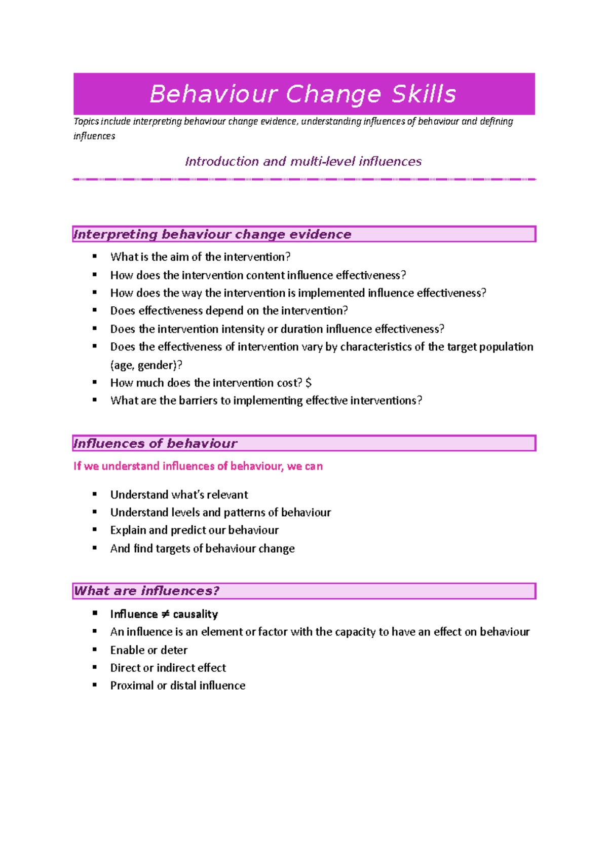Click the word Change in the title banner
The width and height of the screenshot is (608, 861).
coord(333,94)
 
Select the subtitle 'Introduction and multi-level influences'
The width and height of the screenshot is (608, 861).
coord(303,161)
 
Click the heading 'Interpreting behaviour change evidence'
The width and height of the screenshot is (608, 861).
coord(212,234)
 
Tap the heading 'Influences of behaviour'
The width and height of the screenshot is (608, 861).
coord(155,444)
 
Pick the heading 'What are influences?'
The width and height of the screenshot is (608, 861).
coord(146,591)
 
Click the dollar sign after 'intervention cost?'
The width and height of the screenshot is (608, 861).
coord(309,383)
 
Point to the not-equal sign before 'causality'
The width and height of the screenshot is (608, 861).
coord(165,614)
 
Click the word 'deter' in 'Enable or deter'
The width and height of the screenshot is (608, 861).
coord(174,650)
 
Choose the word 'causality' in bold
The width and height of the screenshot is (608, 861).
coord(196,614)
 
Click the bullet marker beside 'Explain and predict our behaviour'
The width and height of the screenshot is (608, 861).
coord(95,530)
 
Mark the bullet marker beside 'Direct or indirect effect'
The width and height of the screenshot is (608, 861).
coord(95,667)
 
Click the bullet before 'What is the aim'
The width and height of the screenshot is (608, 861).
coord(95,257)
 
